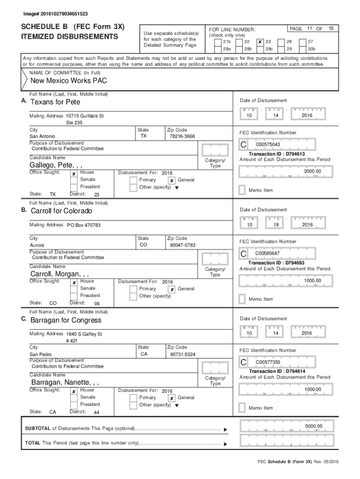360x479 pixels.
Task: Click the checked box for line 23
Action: click(260, 42)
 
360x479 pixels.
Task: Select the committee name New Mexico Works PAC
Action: click(69, 81)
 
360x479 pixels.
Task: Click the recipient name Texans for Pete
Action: click(55, 102)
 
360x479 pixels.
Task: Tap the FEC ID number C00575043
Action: click(268, 145)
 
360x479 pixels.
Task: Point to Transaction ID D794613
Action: click(276, 154)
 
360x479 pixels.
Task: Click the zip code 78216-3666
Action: click(182, 136)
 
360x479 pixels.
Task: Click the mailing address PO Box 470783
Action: click(84, 225)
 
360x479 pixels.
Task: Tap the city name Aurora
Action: click(37, 245)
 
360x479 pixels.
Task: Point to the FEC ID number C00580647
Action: click(267, 254)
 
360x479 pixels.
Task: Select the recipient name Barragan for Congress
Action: click(66, 320)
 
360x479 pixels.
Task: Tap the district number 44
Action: click(96, 413)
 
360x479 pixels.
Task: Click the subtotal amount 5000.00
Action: click(313, 426)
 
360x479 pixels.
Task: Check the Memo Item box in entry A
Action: click(242, 190)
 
